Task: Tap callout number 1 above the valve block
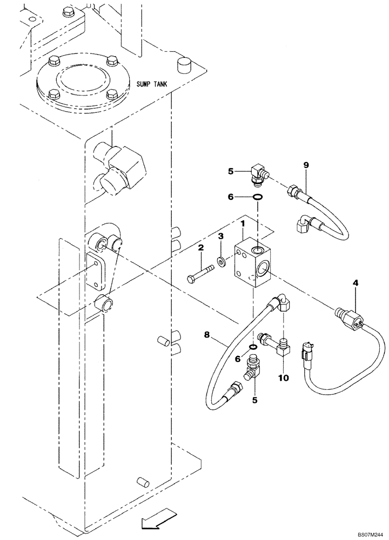[243, 224]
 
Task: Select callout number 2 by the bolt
[220, 237]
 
